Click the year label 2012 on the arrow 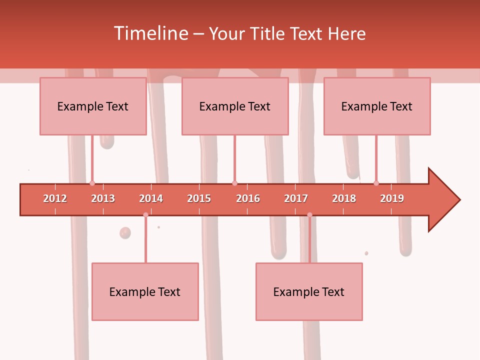point(55,198)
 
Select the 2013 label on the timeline point(103,198)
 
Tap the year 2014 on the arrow point(151,198)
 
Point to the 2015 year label point(199,198)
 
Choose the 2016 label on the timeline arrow point(248,198)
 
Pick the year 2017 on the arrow point(296,198)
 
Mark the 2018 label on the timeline point(344,198)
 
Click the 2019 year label point(392,198)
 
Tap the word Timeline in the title point(150,33)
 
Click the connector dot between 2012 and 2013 point(92,183)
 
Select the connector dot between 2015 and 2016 point(234,183)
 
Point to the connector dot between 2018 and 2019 point(376,183)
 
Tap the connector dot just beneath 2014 point(145,215)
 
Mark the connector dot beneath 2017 point(309,215)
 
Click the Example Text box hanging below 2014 point(145,291)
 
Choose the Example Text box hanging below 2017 point(309,291)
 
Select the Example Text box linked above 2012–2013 point(93,106)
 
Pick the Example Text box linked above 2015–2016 point(235,106)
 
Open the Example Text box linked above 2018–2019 point(377,106)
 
